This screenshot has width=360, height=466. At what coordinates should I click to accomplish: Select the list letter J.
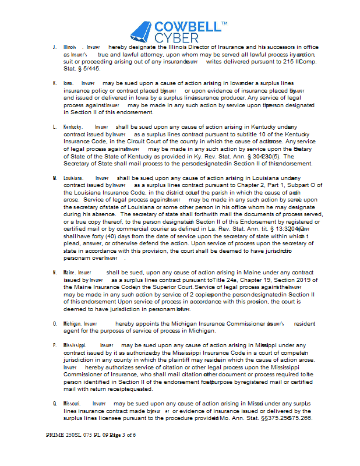(x=54, y=47)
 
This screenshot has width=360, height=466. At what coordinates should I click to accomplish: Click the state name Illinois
(x=70, y=47)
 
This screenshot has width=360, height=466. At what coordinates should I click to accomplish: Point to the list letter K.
(x=54, y=83)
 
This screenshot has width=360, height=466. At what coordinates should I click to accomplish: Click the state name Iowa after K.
(x=69, y=83)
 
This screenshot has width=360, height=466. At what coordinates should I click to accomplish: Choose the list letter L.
(x=54, y=126)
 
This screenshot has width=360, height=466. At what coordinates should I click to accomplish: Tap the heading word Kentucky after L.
(x=73, y=126)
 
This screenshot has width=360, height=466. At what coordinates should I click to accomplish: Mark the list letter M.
(x=54, y=178)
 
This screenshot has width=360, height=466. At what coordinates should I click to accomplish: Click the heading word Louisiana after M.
(x=73, y=178)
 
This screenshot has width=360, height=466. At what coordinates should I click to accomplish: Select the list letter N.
(x=54, y=272)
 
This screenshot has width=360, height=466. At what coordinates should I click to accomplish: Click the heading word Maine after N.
(x=69, y=272)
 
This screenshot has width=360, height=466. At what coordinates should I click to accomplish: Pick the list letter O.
(x=54, y=323)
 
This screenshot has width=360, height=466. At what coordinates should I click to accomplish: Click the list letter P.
(x=54, y=345)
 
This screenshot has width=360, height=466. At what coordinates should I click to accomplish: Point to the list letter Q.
(x=54, y=403)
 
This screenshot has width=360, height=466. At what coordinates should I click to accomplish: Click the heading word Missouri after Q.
(x=73, y=403)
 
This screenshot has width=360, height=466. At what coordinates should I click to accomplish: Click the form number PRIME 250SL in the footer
(x=66, y=435)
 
